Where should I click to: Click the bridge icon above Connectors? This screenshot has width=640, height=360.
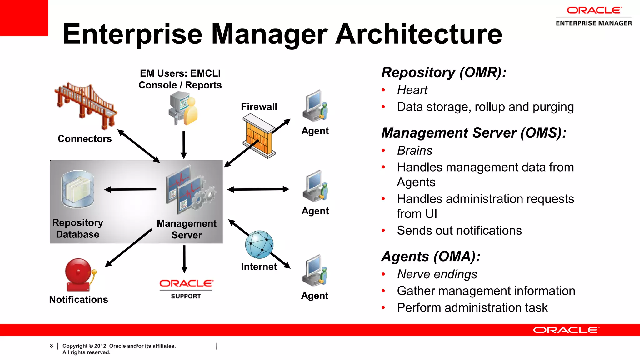[86, 106]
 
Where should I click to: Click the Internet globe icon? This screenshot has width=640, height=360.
[259, 244]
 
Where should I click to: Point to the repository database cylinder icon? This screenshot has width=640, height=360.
[77, 189]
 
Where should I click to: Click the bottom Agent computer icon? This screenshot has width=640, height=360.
[315, 270]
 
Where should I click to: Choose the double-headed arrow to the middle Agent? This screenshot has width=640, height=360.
[258, 189]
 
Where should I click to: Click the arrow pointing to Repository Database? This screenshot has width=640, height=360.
[130, 189]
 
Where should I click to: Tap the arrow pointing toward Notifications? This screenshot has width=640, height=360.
[128, 248]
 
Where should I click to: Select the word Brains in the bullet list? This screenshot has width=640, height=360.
[415, 151]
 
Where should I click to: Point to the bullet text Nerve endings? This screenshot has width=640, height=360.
[437, 274]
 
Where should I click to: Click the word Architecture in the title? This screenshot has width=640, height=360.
[419, 34]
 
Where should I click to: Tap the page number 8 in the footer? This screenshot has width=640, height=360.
[52, 346]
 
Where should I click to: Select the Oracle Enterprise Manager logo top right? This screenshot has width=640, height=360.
[594, 16]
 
